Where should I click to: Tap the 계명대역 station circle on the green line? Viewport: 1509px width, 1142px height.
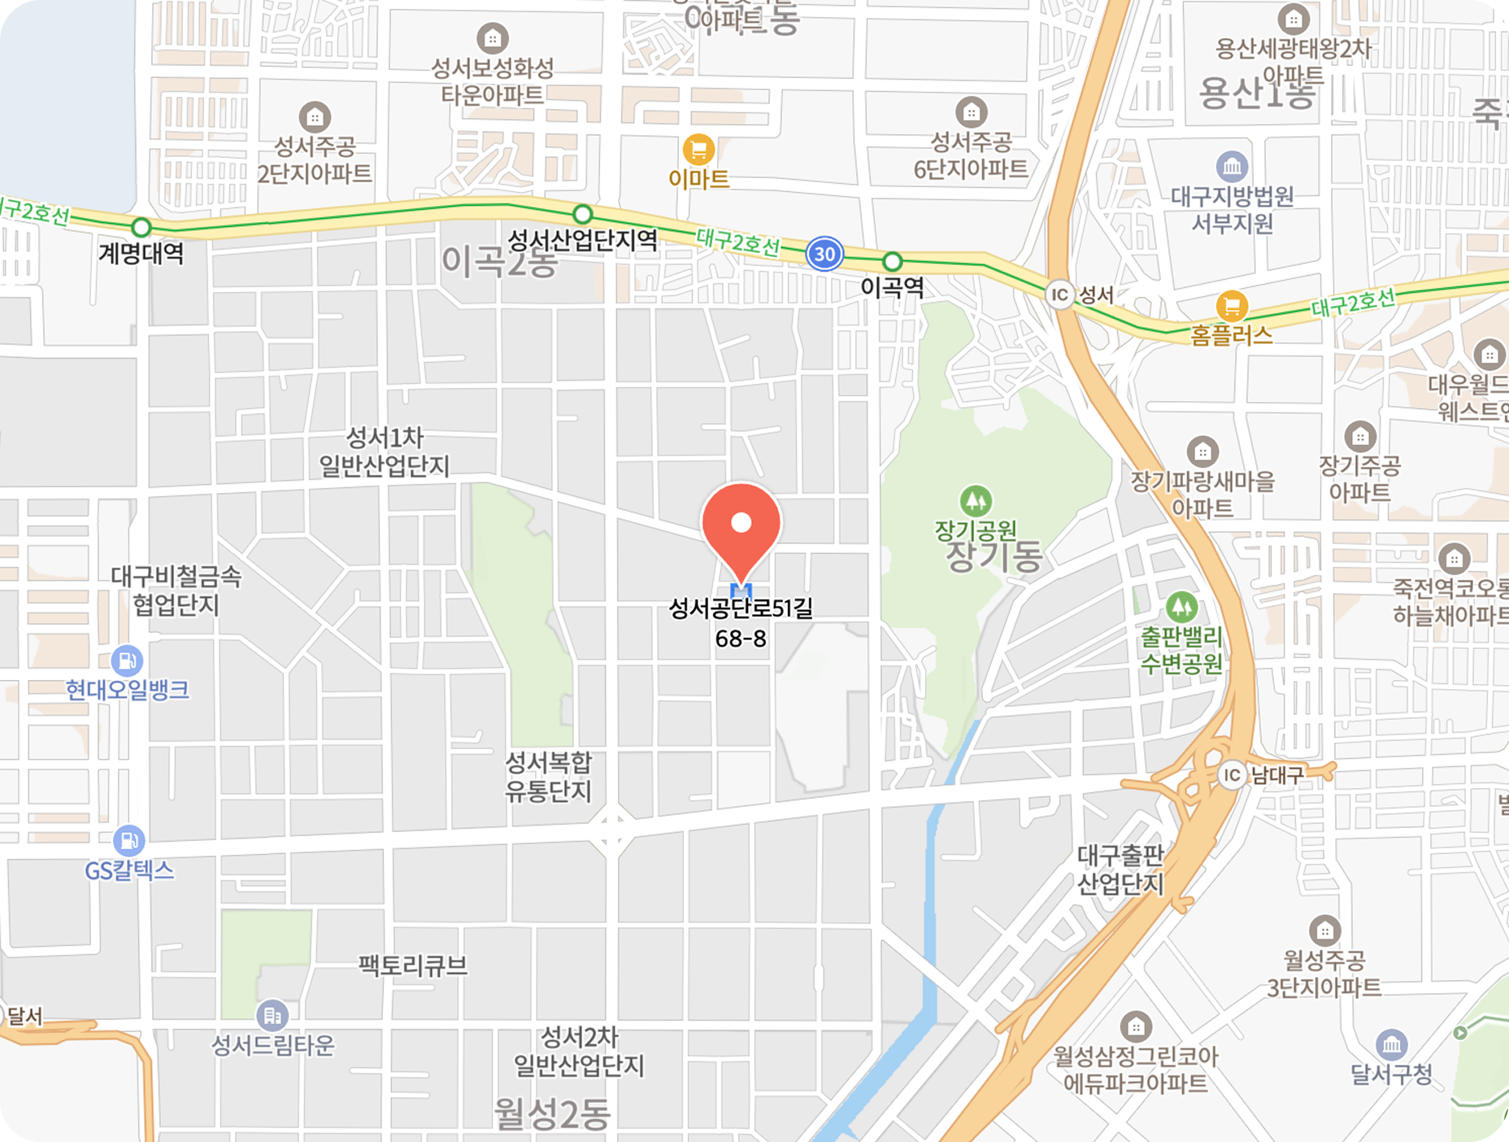click(x=141, y=227)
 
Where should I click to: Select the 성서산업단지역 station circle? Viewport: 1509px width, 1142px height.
click(x=582, y=215)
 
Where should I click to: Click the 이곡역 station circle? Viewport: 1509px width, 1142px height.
click(x=892, y=262)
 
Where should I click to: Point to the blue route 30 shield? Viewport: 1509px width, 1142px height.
click(x=824, y=254)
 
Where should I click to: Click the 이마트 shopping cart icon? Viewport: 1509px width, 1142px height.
click(x=698, y=150)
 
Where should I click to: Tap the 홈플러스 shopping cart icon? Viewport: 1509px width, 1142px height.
click(x=1232, y=307)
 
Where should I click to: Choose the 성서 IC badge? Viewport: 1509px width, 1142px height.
click(x=1059, y=294)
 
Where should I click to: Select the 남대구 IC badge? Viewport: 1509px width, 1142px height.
click(x=1233, y=775)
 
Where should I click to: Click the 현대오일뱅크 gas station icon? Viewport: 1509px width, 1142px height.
click(x=127, y=660)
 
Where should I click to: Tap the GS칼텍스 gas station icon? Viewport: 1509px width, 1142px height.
click(x=128, y=841)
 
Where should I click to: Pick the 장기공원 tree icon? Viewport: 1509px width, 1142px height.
click(x=976, y=500)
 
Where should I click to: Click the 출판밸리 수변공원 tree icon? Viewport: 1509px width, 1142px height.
click(x=1181, y=607)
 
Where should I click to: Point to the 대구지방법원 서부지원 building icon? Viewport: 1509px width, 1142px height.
click(x=1232, y=168)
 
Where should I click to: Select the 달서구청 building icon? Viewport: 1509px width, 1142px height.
click(x=1391, y=1044)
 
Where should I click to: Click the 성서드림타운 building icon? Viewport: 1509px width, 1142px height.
click(x=272, y=1015)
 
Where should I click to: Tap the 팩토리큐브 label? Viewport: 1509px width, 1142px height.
click(x=413, y=965)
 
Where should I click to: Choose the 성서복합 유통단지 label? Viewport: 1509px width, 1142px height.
click(x=549, y=777)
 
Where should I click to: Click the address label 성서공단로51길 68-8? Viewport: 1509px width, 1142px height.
click(x=741, y=623)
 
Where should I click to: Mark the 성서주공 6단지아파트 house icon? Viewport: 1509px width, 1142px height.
click(x=971, y=112)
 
